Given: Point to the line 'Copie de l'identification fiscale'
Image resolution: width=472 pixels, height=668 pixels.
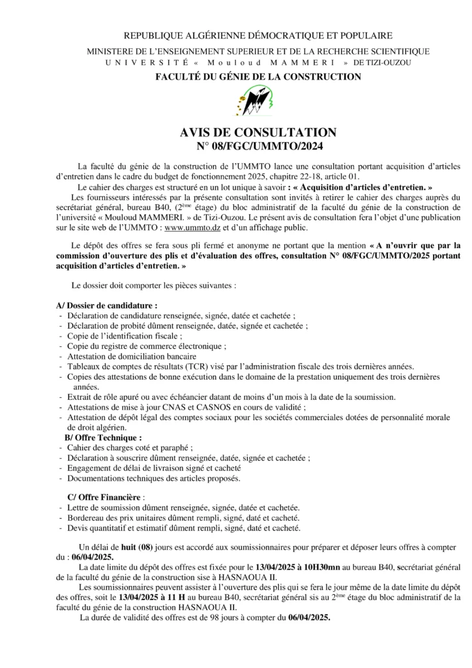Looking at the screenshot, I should click(x=124, y=335).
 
